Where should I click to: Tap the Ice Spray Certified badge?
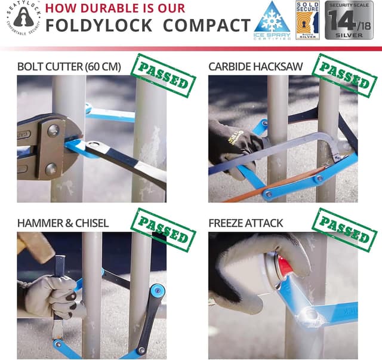tap(273, 21)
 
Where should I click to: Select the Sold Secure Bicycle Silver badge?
tap(307, 20)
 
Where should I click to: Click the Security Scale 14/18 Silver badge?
tap(352, 21)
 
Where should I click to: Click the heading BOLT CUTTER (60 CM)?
tap(69, 66)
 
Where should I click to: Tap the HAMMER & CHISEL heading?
tap(63, 223)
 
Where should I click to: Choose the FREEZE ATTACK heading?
tap(246, 223)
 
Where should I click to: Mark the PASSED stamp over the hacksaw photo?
tap(344, 75)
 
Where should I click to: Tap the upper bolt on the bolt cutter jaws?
tap(54, 130)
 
